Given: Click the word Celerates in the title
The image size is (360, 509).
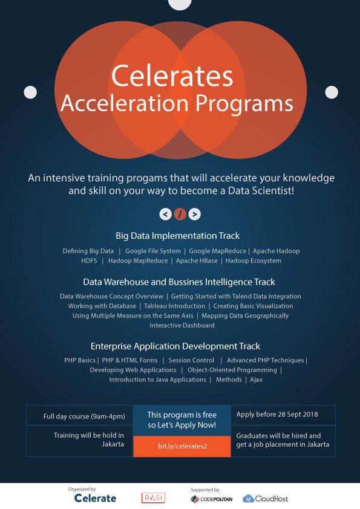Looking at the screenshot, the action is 172,76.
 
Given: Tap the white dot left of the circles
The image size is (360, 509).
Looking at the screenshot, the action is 30,92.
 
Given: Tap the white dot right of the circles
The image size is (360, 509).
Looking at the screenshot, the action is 332,92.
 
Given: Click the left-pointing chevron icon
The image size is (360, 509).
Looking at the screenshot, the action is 165,214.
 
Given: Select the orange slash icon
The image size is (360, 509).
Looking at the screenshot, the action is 180,214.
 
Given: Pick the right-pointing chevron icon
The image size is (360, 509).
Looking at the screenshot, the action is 195,214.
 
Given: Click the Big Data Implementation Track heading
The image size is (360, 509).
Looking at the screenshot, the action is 178,236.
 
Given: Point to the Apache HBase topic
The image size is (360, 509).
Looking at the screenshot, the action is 197,261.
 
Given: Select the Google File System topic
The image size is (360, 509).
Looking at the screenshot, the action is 153,251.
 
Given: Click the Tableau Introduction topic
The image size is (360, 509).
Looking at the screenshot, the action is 174,306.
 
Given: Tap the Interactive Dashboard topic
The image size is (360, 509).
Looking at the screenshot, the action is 182,325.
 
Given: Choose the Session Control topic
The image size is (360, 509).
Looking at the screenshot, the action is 191,360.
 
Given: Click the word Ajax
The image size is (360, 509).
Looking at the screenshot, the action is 257,380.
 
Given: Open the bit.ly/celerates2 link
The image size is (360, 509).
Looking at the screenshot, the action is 182,446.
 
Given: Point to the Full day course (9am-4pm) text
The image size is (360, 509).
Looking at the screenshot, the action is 84,417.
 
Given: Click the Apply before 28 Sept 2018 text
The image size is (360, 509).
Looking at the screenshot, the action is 277,415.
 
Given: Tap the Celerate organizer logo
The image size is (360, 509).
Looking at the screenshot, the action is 95,498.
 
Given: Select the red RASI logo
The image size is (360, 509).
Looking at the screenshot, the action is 153,498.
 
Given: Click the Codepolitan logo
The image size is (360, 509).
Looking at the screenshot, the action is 212,499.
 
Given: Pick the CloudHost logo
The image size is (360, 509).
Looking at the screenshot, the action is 265,499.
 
